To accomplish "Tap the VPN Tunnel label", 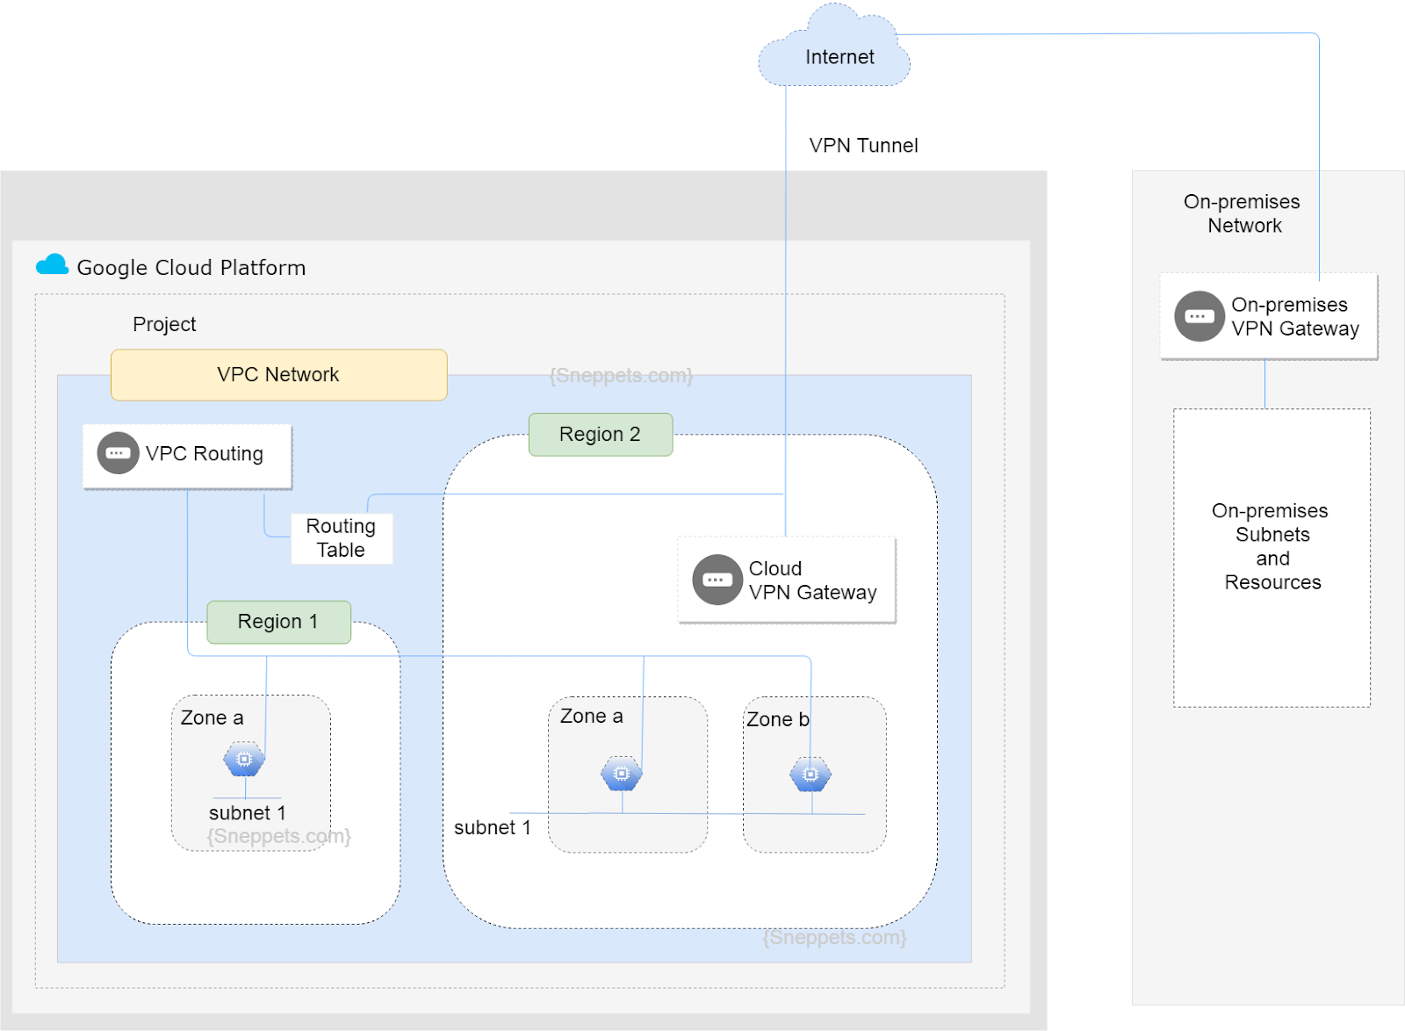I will (863, 146).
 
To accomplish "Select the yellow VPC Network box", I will (278, 375).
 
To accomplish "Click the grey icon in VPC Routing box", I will (118, 453).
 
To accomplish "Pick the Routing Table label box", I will (341, 538).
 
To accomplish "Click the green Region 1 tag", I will (278, 622).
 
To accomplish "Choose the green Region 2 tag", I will (600, 435).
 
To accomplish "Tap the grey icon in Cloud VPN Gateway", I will (717, 580).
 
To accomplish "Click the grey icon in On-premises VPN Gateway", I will (1200, 316).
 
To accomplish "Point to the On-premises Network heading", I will (1243, 213).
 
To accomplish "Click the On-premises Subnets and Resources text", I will (1271, 546).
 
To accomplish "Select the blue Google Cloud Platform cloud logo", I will (53, 265).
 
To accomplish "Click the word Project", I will (164, 324).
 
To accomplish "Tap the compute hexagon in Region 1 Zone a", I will (244, 759).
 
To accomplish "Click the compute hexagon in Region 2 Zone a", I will (622, 774).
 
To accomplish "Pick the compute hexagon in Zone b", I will (811, 775).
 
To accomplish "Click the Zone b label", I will (777, 719).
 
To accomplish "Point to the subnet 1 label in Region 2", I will (492, 827).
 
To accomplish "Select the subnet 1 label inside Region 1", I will (247, 812).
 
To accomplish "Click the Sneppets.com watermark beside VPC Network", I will (621, 376).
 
